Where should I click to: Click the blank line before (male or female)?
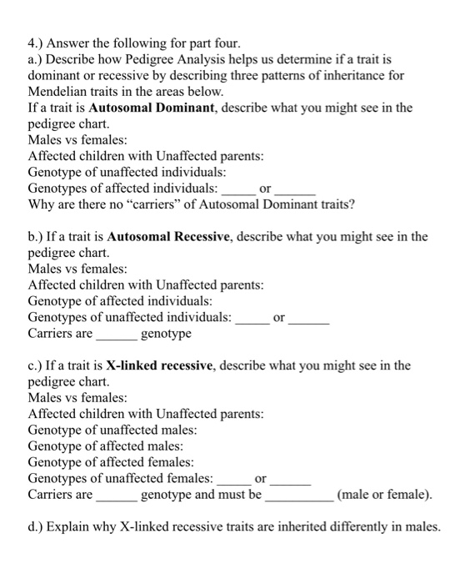[x=298, y=495]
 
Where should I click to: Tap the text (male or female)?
[x=384, y=495]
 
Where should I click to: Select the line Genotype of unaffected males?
[x=112, y=430]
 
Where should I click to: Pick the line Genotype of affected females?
[x=111, y=462]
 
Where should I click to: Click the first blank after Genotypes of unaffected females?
[x=234, y=479]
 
